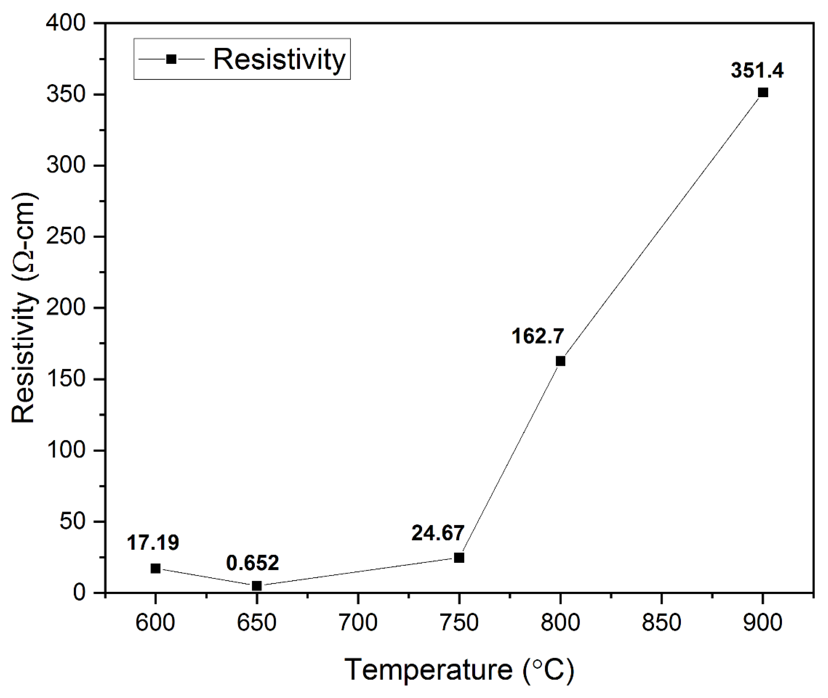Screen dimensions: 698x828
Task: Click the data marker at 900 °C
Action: (x=763, y=93)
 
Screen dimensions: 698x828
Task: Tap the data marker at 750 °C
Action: (x=459, y=558)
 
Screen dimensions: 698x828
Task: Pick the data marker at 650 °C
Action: (x=257, y=586)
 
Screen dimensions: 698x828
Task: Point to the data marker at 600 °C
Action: (x=156, y=569)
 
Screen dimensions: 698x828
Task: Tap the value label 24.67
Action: (x=437, y=533)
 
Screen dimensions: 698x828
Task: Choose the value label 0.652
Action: (x=253, y=563)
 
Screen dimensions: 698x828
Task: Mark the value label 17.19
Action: (x=153, y=542)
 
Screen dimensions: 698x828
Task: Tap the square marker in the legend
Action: (x=171, y=59)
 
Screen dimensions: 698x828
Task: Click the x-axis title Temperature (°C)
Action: (x=459, y=670)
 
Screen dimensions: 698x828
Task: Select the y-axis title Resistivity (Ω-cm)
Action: (x=24, y=308)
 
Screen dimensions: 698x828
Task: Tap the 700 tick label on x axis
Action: (x=358, y=622)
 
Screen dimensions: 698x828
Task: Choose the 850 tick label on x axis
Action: (x=661, y=622)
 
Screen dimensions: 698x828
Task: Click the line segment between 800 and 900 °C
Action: (x=662, y=227)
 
